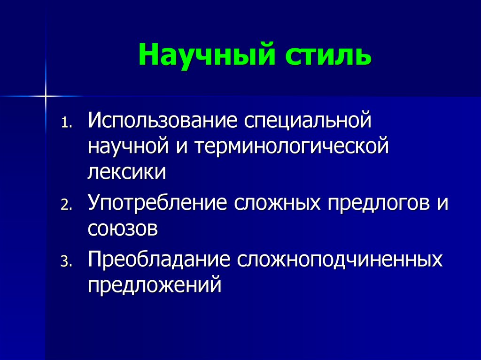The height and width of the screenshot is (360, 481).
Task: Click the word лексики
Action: (x=126, y=172)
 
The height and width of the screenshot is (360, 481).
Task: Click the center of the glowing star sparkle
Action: (x=46, y=96)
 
